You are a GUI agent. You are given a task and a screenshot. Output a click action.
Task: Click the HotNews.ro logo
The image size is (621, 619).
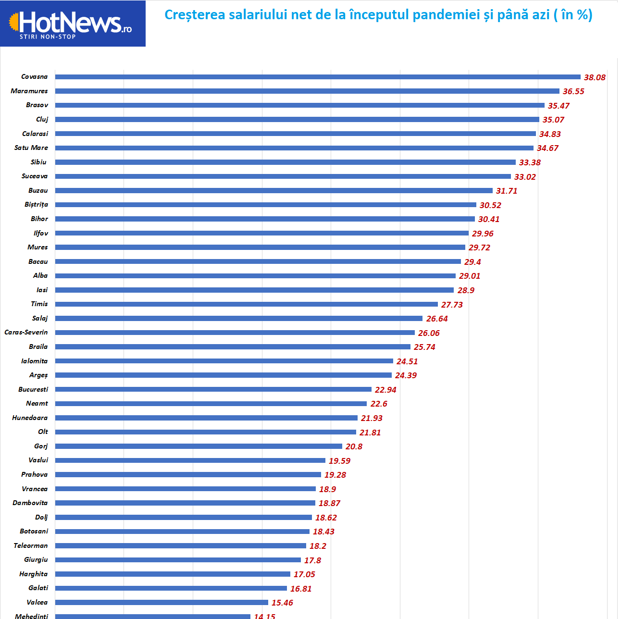[x=72, y=23]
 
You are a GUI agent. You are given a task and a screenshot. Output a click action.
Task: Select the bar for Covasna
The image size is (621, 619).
[x=317, y=77]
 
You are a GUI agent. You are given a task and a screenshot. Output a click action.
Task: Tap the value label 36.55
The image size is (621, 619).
[x=573, y=91]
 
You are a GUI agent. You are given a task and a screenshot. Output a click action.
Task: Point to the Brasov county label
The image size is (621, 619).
[x=37, y=105]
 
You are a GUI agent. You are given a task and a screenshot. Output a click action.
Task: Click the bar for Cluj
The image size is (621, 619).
[x=297, y=120]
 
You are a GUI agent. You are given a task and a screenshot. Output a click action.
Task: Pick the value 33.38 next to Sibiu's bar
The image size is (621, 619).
[x=530, y=162]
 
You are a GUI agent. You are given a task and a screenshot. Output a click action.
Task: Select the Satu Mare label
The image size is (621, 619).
[x=31, y=148]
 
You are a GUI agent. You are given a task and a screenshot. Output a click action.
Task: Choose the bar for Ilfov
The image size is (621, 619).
[x=262, y=233]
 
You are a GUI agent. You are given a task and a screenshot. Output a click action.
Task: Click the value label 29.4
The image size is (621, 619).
[x=472, y=262]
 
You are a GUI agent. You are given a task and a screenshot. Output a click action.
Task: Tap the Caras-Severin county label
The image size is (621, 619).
[x=26, y=333]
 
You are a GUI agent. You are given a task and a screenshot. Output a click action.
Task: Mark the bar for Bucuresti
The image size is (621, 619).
[x=213, y=389]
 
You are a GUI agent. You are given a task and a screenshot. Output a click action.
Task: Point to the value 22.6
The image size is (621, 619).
[x=379, y=404]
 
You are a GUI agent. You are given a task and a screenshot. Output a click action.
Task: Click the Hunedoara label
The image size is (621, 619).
[x=30, y=418]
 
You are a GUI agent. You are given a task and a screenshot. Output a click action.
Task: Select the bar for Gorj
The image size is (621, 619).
[x=199, y=446]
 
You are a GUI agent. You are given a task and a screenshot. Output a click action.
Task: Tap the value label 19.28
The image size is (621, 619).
[x=335, y=475]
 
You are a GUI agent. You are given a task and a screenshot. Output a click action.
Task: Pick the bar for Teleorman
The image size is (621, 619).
[x=180, y=546]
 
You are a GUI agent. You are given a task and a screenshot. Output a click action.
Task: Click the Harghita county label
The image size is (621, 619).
[x=34, y=574]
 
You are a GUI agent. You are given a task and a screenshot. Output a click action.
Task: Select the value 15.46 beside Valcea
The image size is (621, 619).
[x=282, y=603]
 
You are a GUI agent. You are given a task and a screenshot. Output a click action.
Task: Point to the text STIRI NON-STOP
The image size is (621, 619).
[x=48, y=37]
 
